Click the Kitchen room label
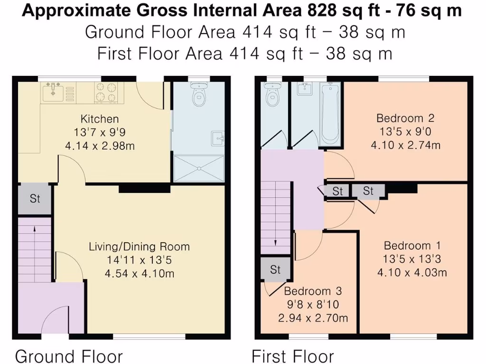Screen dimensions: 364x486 tap(99, 119)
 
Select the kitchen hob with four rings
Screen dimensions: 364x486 tap(106, 92)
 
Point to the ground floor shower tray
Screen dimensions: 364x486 tap(198, 168)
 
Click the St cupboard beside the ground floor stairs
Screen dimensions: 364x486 tap(35, 198)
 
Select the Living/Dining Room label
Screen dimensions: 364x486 tap(139, 246)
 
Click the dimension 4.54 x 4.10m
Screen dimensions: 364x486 tap(139, 273)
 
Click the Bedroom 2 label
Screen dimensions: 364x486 tap(405, 118)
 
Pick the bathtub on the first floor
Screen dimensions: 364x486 tap(330, 114)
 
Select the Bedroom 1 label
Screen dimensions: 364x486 tap(412, 246)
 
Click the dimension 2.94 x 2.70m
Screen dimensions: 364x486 tap(313, 318)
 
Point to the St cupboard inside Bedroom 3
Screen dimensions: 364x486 tap(275, 269)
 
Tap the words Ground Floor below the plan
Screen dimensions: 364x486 tap(69, 356)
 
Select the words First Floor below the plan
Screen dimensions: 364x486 tap(292, 356)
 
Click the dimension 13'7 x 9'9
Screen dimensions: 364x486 tap(99, 132)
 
